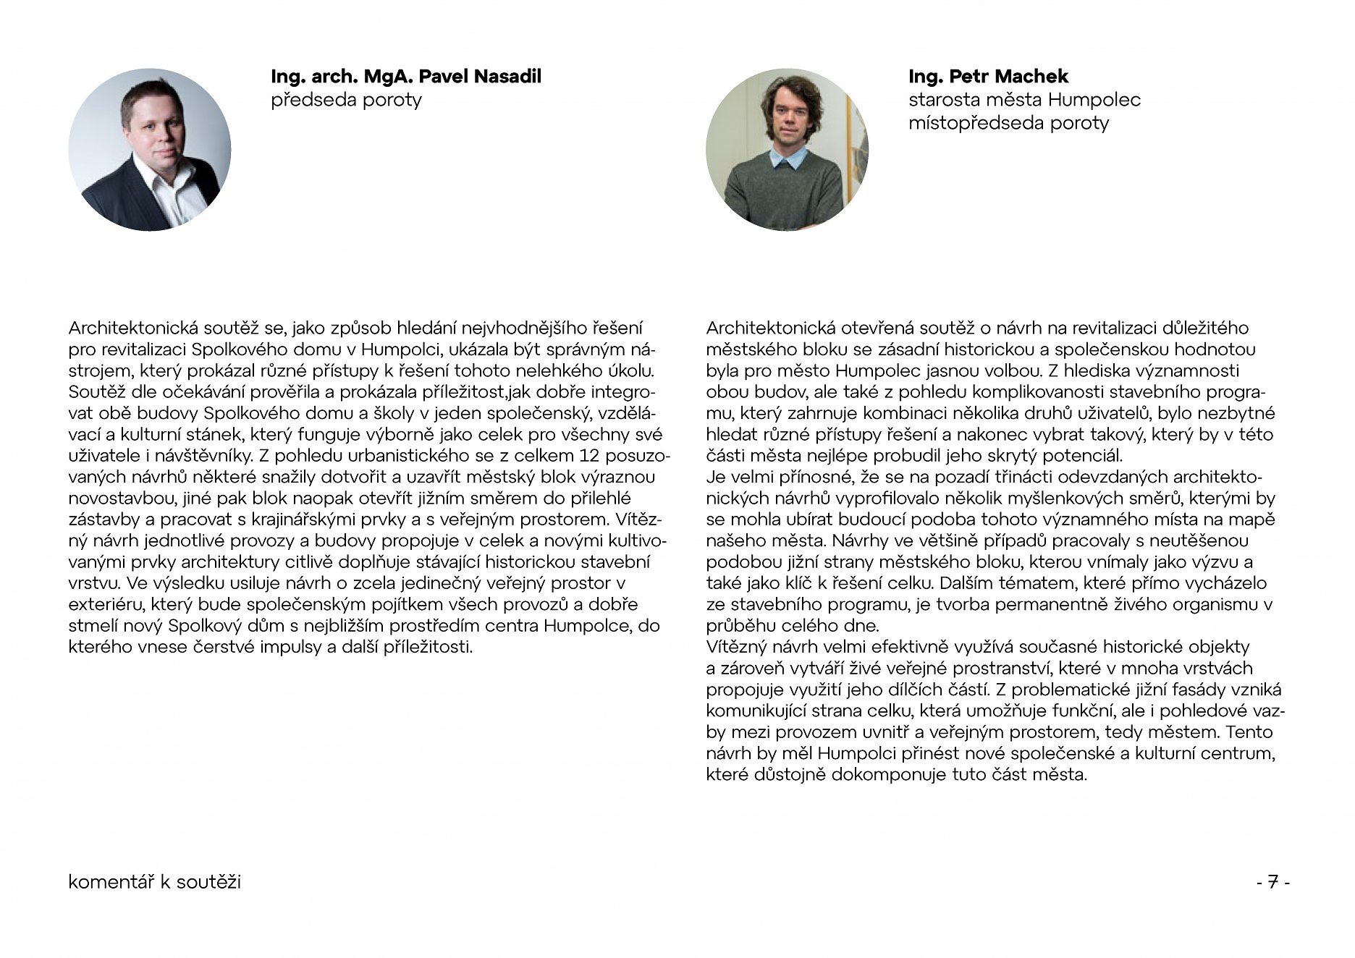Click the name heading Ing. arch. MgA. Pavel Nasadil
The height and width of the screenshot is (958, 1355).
405,77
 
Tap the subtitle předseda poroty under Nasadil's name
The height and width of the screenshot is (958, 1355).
346,100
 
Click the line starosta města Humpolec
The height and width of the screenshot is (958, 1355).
1024,100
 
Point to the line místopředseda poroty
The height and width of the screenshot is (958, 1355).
1008,123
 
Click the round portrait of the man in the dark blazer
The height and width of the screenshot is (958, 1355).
150,150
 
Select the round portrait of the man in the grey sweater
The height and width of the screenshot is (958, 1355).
787,150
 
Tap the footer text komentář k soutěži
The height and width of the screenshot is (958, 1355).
154,883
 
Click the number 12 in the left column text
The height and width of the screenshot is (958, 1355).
592,456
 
